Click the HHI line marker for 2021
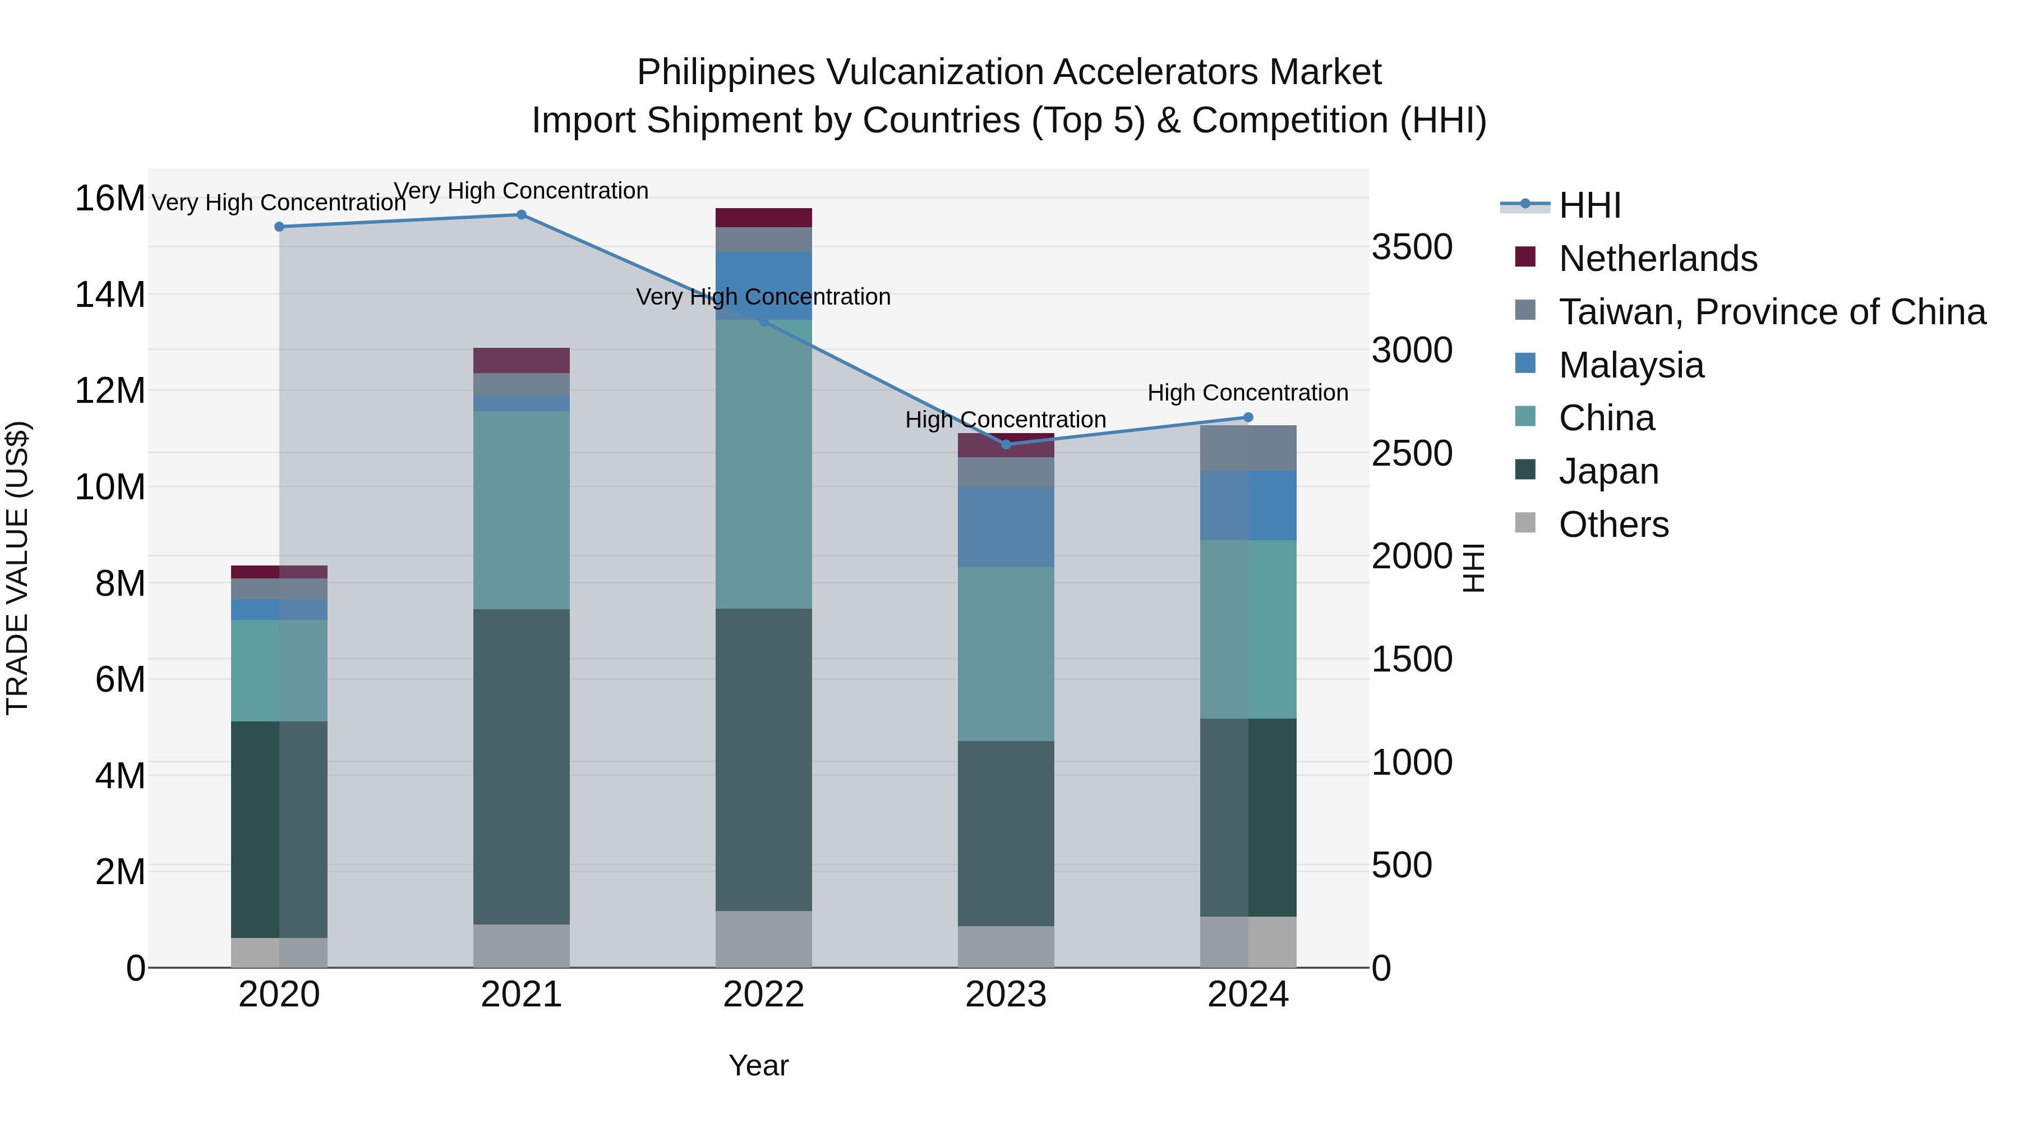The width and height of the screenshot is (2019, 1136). coord(521,215)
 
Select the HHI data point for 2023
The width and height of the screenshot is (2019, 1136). coord(1006,444)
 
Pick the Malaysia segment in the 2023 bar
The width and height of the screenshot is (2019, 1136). coord(1006,527)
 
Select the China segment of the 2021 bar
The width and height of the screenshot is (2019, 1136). coord(521,509)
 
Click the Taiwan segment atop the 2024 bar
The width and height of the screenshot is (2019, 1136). coord(1248,448)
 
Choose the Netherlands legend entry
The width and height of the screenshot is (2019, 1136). coord(1658,259)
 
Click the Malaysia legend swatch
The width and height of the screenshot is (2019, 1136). coord(1525,364)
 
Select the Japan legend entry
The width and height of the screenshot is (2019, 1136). coord(1608,471)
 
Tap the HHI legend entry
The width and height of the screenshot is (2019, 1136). coord(1589,205)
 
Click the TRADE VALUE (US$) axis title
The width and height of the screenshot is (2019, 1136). coord(18,568)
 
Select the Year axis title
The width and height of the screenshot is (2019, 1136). coord(758,1065)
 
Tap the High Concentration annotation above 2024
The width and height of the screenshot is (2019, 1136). coord(1248,393)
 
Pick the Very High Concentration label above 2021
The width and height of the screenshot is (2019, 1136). coord(521,191)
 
